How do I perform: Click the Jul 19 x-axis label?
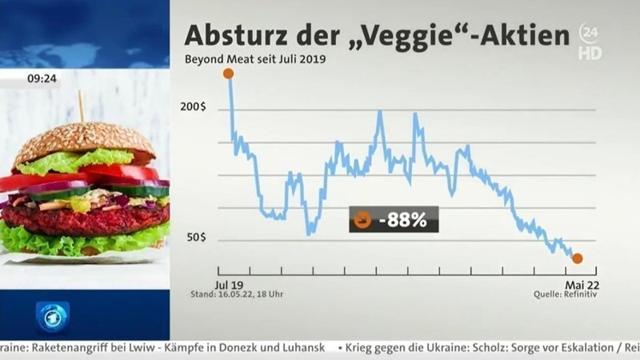click(x=229, y=284)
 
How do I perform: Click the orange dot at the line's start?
click(x=228, y=74)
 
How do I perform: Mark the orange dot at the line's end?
click(x=577, y=258)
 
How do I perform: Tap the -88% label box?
click(x=394, y=219)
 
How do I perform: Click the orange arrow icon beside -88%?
click(x=362, y=219)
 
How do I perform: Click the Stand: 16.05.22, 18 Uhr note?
click(x=248, y=294)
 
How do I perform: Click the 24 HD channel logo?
click(x=590, y=42)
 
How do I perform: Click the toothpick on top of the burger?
click(x=81, y=106)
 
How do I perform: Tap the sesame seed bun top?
click(x=84, y=140)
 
